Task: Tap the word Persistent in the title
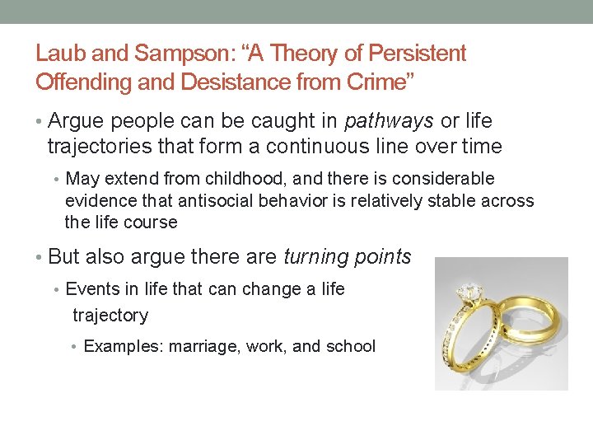point(418,54)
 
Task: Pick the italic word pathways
point(390,121)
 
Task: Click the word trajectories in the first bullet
point(95,147)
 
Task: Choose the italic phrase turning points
point(347,256)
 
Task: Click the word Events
point(90,289)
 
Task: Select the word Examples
point(123,346)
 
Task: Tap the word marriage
point(203,346)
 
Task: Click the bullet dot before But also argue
point(40,257)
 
